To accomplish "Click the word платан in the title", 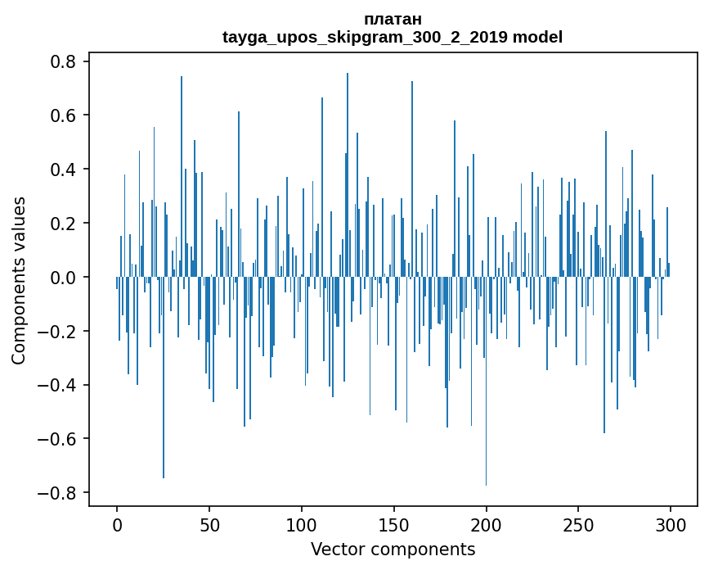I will click(x=393, y=19).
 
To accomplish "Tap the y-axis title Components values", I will click(x=19, y=280).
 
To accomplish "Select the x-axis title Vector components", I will click(x=393, y=549).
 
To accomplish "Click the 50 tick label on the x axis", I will click(x=209, y=524).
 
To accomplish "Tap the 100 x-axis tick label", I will click(x=302, y=524).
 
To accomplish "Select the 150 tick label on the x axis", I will click(x=394, y=524).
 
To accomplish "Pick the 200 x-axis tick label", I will click(x=487, y=524).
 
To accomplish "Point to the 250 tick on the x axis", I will click(x=579, y=524).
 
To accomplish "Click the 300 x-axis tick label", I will click(x=671, y=524).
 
